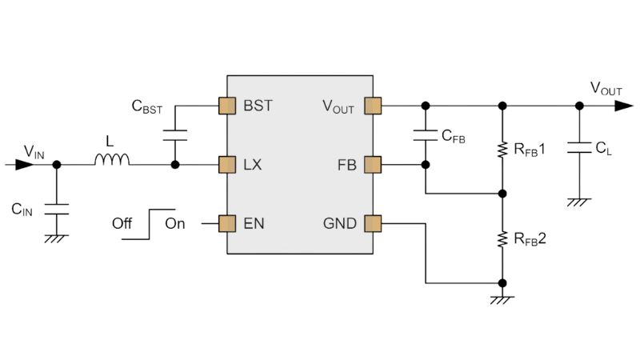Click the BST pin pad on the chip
pos(225,105)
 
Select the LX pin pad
pos(225,165)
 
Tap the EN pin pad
pos(225,222)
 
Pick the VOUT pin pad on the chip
pos(370,105)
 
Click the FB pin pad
pos(370,165)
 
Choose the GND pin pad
pos(370,222)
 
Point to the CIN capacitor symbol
pos(56,210)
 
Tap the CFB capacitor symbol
pos(425,134)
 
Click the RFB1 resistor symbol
pos(502,150)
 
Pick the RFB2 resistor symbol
pos(502,238)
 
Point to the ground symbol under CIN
pos(56,238)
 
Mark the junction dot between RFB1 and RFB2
pos(502,194)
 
